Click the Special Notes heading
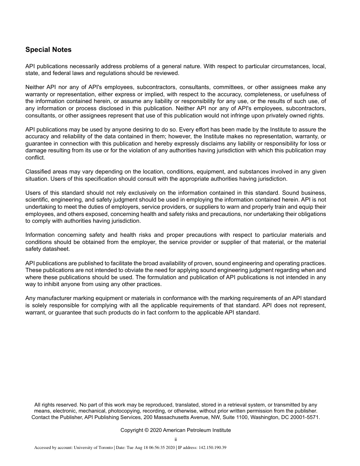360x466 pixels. click(x=48, y=50)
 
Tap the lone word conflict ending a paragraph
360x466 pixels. click(x=35, y=158)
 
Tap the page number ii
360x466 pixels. click(x=176, y=439)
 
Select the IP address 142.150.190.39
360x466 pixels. click(x=213, y=448)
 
